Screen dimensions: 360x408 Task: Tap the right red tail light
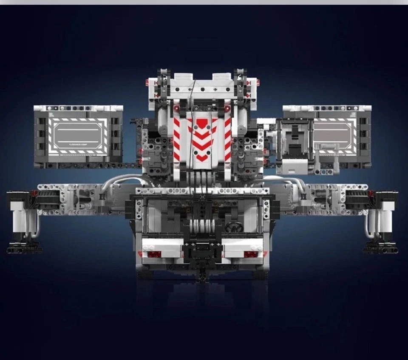click(251, 254)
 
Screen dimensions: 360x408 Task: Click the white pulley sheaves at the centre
click(202, 225)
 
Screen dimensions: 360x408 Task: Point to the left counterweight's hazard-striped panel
click(78, 135)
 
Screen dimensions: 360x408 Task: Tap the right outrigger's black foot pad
click(380, 248)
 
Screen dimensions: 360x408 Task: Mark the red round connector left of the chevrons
click(176, 109)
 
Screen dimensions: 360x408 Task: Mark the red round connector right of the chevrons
click(227, 109)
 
